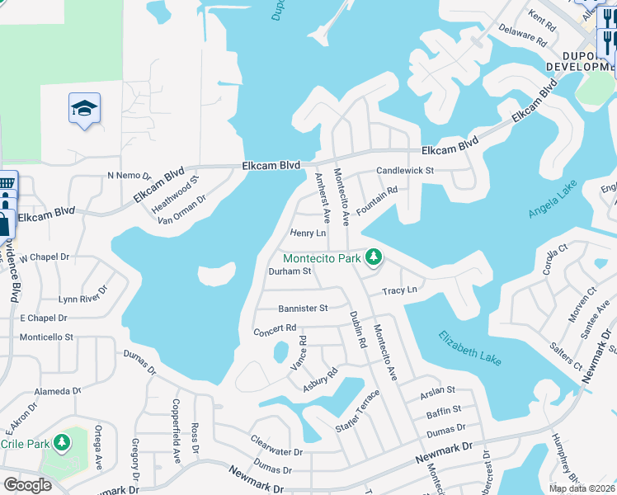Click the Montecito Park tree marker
click(x=374, y=257)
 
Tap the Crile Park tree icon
click(x=61, y=443)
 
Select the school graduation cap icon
click(x=84, y=109)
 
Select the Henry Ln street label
click(x=308, y=233)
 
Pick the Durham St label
click(x=290, y=271)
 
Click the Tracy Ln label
click(x=399, y=290)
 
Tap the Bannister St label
click(x=303, y=308)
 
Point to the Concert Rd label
click(x=275, y=328)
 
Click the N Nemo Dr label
click(x=130, y=176)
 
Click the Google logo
click(x=27, y=484)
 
